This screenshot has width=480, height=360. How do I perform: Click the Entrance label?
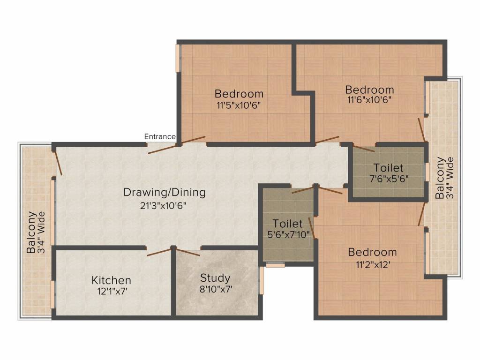160,136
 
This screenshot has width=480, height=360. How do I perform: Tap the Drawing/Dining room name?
164,192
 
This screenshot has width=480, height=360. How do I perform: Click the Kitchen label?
111,280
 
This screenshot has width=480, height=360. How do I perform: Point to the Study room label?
215,277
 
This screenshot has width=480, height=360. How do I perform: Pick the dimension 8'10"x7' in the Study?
216,289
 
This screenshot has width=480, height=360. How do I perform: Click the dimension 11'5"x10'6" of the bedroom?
239,105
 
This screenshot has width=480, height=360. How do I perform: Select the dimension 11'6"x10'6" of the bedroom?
369,99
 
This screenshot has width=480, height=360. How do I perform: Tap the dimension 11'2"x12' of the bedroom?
372,263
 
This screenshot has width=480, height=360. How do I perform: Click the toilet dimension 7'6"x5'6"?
388,179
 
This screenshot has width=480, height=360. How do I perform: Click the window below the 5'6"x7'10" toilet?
276,265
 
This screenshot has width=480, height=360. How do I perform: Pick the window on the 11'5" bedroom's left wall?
178,58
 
